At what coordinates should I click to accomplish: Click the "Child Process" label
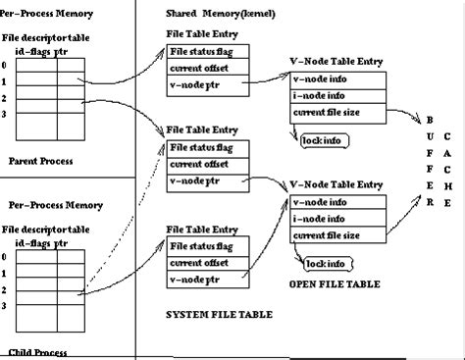(x=36, y=351)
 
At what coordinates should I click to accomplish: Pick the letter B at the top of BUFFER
(x=429, y=120)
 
